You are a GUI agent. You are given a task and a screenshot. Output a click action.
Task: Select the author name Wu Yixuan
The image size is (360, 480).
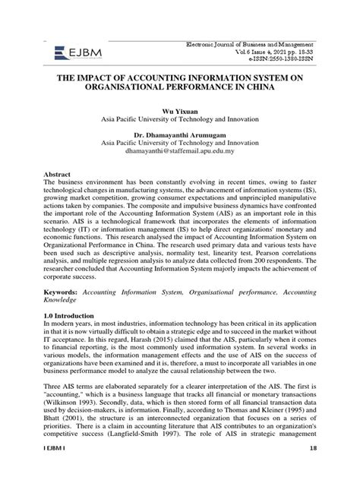[179, 111]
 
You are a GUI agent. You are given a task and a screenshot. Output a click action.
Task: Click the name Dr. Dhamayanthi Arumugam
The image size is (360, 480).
[179, 134]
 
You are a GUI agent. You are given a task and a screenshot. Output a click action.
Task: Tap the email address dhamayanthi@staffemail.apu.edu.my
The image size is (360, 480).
[179, 151]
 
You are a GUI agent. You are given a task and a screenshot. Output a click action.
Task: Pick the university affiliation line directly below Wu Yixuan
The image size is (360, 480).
[179, 120]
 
